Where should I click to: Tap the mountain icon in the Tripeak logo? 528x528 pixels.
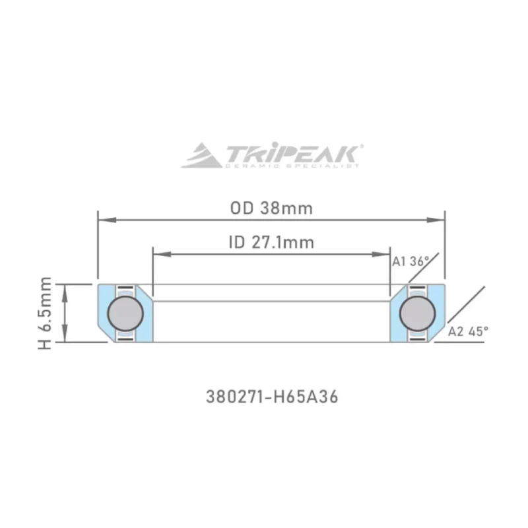pyautogui.click(x=202, y=156)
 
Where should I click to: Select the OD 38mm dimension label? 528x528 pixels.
pyautogui.click(x=271, y=208)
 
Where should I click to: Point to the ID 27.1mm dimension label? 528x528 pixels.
pyautogui.click(x=271, y=242)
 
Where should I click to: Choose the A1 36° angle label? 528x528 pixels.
pyautogui.click(x=411, y=261)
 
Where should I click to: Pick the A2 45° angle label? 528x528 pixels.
pyautogui.click(x=469, y=331)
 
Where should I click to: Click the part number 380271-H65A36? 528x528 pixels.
pyautogui.click(x=271, y=398)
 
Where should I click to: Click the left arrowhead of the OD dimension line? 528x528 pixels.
pyautogui.click(x=102, y=218)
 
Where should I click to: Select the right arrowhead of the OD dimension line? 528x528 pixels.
pyautogui.click(x=440, y=218)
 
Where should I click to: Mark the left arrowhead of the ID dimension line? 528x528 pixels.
pyautogui.click(x=157, y=253)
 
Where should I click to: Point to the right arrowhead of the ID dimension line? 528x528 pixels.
pyautogui.click(x=386, y=253)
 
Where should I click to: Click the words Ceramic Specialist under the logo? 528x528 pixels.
pyautogui.click(x=292, y=166)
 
